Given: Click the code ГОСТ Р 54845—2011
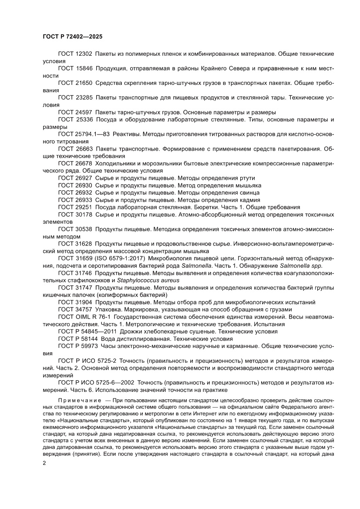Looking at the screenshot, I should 85,331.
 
